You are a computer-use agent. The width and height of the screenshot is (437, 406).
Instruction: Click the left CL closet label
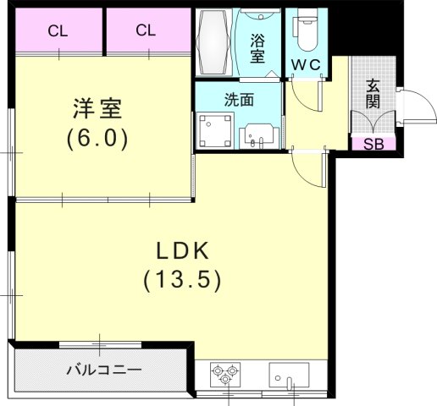click(x=58, y=31)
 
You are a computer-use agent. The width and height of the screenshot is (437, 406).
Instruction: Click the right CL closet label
click(x=145, y=31)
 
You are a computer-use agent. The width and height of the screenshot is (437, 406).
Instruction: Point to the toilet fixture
click(x=305, y=31)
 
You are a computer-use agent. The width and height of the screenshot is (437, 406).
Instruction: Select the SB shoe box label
click(x=373, y=143)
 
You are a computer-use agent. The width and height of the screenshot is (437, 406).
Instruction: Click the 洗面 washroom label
click(x=239, y=99)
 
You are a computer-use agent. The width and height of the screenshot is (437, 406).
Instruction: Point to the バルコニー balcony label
click(x=103, y=370)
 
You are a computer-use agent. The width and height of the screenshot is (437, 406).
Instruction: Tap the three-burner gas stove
click(x=226, y=374)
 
